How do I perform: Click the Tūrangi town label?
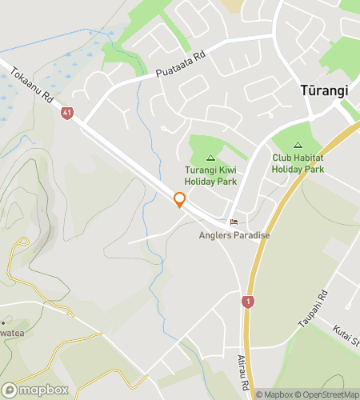click(x=324, y=90)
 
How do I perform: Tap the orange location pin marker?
click(x=179, y=200)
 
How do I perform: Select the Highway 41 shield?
click(x=66, y=114)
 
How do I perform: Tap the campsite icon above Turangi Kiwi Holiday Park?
click(x=211, y=158)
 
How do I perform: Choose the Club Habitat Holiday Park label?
click(x=298, y=163)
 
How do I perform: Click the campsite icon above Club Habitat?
click(x=298, y=146)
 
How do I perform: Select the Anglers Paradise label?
click(x=234, y=235)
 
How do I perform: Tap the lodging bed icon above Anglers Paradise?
click(x=234, y=222)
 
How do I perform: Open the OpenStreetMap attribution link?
click(x=328, y=394)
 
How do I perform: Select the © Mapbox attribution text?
click(x=274, y=394)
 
